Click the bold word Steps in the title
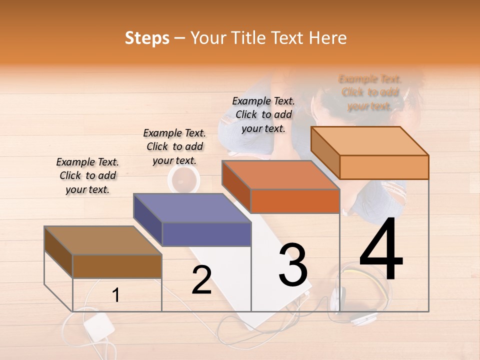click(147, 38)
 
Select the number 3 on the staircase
click(293, 265)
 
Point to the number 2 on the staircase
click(201, 280)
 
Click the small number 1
click(115, 295)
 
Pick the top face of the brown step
click(103, 240)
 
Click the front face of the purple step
click(206, 234)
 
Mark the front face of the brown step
click(117, 266)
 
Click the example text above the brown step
click(87, 175)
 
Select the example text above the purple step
click(174, 146)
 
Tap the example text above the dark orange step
click(263, 114)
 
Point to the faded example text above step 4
click(370, 92)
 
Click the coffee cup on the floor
click(183, 178)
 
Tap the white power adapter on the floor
click(98, 327)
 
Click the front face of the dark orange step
click(295, 201)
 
